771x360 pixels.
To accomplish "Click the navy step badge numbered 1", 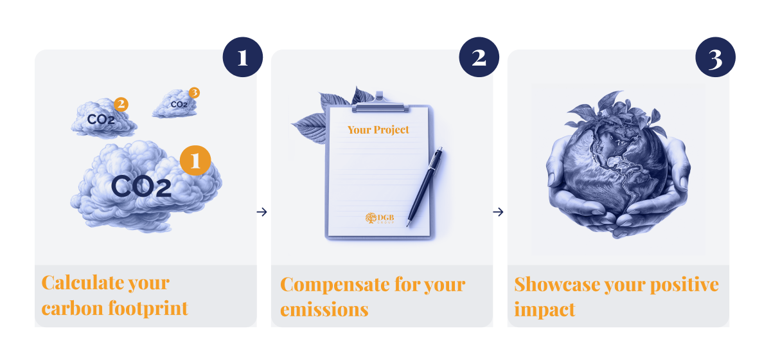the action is click(243, 57).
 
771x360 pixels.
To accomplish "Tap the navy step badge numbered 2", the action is click(479, 57).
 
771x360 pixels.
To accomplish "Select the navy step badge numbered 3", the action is click(715, 57).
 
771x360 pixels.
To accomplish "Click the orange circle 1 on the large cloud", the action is click(195, 161).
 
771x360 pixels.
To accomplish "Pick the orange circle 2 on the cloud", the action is click(121, 104).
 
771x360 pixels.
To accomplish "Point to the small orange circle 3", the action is click(194, 93).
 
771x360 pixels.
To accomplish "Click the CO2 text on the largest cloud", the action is click(141, 186).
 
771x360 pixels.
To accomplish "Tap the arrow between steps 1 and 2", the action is click(261, 212).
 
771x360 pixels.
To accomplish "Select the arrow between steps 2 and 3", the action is click(498, 212).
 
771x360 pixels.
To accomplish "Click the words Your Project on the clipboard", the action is click(378, 130).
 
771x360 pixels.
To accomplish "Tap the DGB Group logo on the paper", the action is click(380, 219).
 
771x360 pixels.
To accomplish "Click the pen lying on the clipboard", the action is click(425, 186).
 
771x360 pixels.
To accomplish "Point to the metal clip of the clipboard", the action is click(380, 104).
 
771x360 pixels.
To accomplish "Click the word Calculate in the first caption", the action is click(82, 283).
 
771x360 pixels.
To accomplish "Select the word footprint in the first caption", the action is click(148, 308).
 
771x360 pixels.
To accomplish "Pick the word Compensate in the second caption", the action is click(335, 285).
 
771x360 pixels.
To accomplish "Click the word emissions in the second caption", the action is click(324, 309).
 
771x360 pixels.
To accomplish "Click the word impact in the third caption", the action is click(545, 309).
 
